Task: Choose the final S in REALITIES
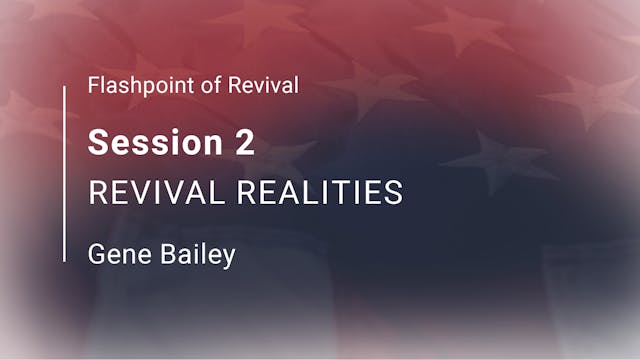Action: (395, 193)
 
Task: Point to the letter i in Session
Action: (173, 143)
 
